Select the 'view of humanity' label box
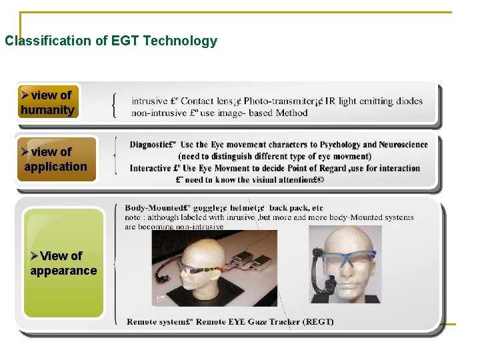tap(47, 103)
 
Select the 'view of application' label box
tap(56, 159)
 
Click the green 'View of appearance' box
tap(63, 263)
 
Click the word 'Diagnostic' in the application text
tap(150, 145)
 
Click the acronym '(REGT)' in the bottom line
tap(318, 321)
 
